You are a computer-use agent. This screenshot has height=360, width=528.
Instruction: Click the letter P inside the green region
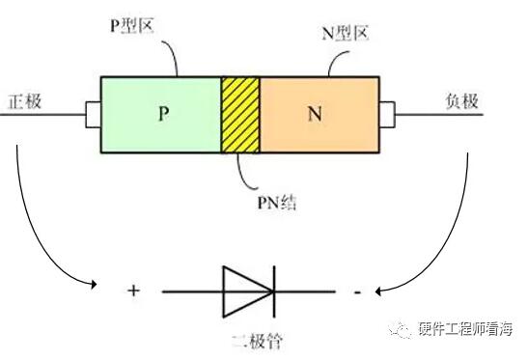(x=164, y=113)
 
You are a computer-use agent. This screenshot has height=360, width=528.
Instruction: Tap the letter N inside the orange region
(x=315, y=114)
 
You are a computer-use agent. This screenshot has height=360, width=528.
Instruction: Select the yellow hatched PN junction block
(x=240, y=115)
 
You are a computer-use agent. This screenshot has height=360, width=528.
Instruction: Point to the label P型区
(x=132, y=25)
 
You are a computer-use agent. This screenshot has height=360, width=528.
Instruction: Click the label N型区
(x=345, y=33)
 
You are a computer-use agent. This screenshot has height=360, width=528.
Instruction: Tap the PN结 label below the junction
(x=277, y=203)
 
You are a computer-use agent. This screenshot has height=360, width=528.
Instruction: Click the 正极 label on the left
(x=24, y=101)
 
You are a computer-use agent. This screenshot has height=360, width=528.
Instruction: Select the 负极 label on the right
(x=461, y=100)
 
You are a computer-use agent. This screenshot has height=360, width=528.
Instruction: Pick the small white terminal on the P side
(x=94, y=115)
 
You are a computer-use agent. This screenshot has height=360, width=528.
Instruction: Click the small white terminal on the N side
(x=387, y=115)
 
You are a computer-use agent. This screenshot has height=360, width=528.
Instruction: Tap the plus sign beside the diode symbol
(x=133, y=291)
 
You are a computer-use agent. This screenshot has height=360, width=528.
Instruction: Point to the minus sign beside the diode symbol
(x=357, y=291)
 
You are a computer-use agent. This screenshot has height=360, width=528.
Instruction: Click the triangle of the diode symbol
(x=247, y=291)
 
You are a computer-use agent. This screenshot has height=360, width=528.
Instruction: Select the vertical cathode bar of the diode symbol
(x=274, y=291)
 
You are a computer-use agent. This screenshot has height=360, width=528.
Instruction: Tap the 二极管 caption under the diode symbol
(x=258, y=341)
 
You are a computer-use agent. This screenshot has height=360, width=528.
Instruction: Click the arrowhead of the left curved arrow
(x=94, y=285)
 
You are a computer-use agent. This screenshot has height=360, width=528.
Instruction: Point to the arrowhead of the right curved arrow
(x=378, y=291)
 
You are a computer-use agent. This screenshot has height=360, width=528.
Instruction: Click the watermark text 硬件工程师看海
(x=465, y=329)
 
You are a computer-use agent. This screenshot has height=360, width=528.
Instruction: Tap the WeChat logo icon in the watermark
(x=400, y=329)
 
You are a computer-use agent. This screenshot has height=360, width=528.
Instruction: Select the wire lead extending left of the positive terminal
(x=42, y=115)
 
